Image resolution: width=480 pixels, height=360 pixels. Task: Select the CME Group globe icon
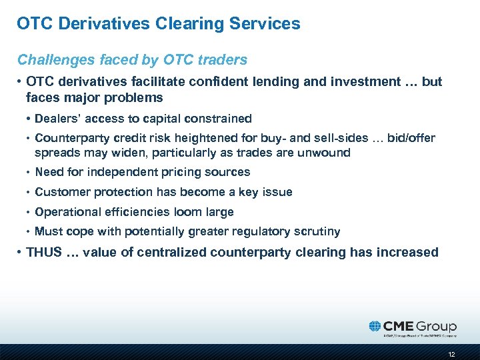pyautogui.click(x=375, y=326)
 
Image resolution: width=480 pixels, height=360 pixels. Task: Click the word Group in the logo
pyautogui.click(x=437, y=327)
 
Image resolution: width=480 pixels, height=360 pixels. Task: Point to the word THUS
pyautogui.click(x=44, y=252)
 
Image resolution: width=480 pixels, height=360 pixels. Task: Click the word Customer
pyautogui.click(x=60, y=192)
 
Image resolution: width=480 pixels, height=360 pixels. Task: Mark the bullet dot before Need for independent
pyautogui.click(x=29, y=172)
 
